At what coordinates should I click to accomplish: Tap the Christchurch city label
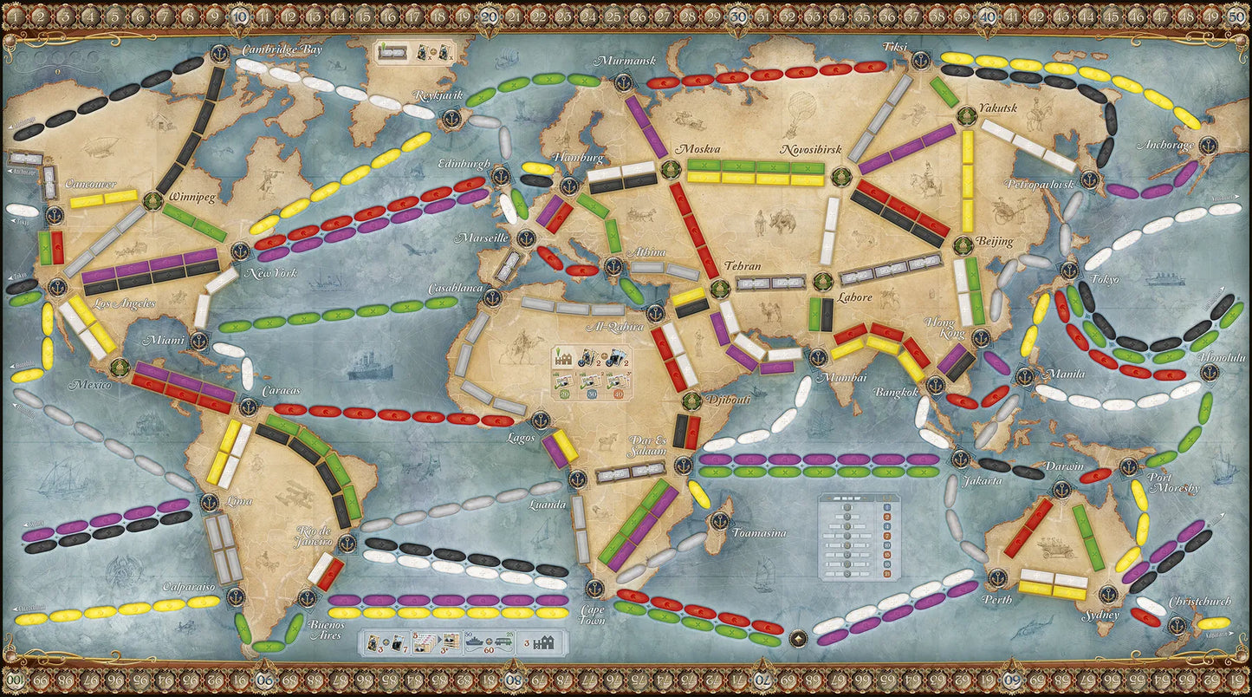click(x=1199, y=601)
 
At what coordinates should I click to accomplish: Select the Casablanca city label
click(x=455, y=289)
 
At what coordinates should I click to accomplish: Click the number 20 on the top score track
click(x=489, y=15)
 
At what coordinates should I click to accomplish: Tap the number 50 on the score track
click(x=1236, y=15)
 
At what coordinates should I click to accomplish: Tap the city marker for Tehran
click(x=718, y=289)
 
